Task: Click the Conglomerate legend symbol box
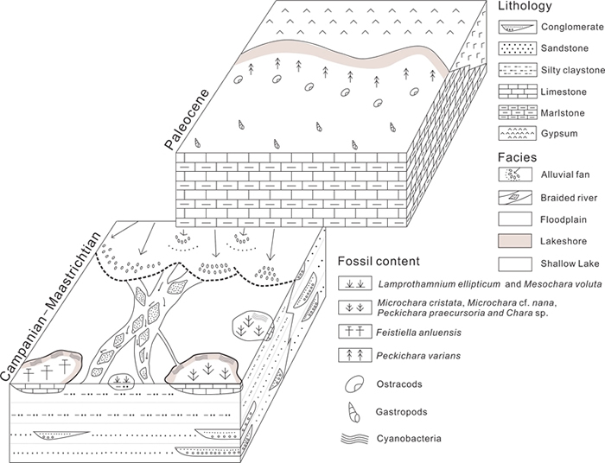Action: click(517, 27)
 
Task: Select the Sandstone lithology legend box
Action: click(517, 48)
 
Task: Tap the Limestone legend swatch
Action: click(517, 92)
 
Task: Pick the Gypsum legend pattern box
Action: click(517, 133)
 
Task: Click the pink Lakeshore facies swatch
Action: click(515, 241)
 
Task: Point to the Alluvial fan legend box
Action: click(515, 174)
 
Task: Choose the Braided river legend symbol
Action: click(515, 198)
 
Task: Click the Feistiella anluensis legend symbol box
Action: click(355, 332)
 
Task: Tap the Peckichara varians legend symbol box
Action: click(355, 355)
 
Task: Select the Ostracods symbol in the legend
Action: click(354, 384)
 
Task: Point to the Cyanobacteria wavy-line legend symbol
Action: click(354, 438)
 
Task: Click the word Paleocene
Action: click(187, 119)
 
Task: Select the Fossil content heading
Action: click(379, 262)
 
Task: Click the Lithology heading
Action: click(525, 6)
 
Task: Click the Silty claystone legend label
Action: click(573, 71)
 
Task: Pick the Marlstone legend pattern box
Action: click(517, 112)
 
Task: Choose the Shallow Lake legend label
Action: click(570, 263)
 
